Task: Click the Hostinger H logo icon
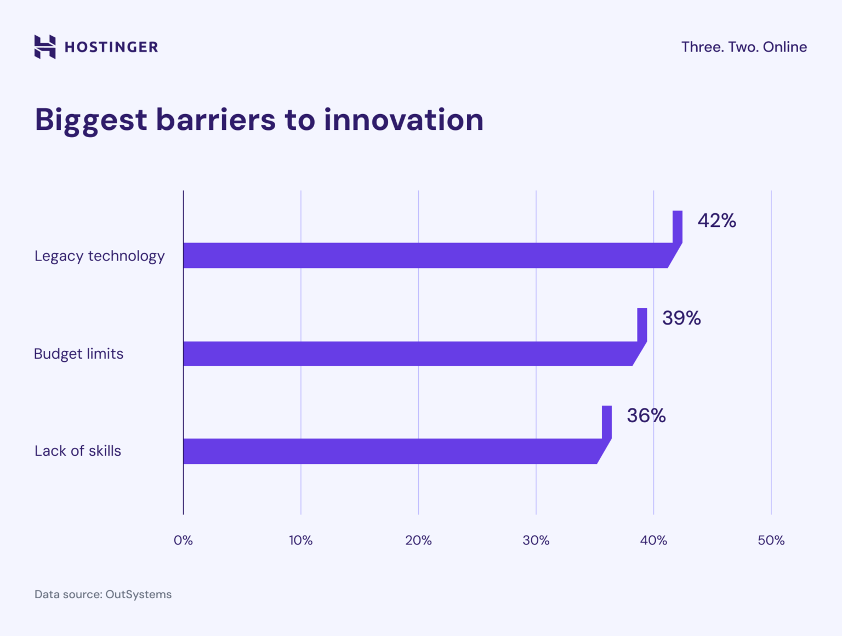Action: [45, 47]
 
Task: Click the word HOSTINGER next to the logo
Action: [111, 47]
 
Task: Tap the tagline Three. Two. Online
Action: [744, 47]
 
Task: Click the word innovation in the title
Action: [403, 120]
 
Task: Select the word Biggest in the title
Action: [91, 121]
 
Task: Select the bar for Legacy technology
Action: [425, 255]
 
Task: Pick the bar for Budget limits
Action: [408, 354]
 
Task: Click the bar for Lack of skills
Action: [390, 451]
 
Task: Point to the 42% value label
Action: [716, 220]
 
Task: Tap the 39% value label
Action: [681, 318]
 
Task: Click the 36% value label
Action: [646, 416]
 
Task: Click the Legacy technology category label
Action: [99, 256]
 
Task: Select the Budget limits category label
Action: [78, 354]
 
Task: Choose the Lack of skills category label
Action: [78, 451]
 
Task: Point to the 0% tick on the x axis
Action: [183, 541]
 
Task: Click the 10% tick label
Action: [300, 541]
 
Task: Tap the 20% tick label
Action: [418, 541]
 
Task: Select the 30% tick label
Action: [536, 541]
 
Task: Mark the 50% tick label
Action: [771, 541]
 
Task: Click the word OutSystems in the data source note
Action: [138, 594]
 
